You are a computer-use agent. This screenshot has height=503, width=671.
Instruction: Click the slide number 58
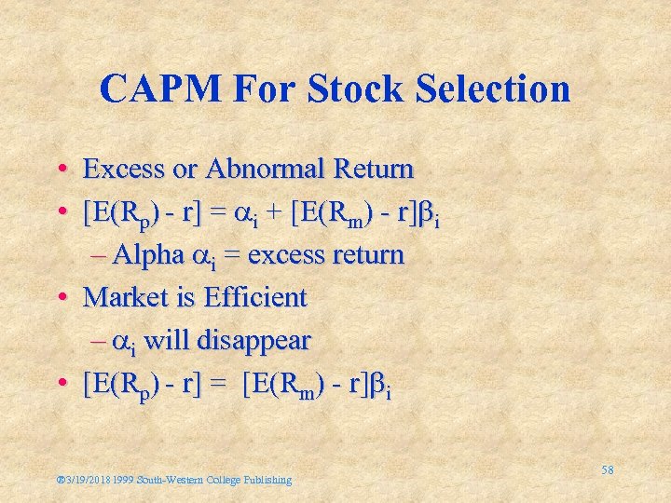[607, 470]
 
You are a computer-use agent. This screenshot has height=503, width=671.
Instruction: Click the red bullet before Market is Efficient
[61, 298]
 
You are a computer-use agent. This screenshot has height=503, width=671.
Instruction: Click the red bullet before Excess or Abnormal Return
[61, 170]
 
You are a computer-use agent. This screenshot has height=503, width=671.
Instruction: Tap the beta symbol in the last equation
[379, 385]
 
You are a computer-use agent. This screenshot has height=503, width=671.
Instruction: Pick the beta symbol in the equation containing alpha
[428, 213]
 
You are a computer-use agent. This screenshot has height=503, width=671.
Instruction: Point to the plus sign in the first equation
[277, 213]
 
